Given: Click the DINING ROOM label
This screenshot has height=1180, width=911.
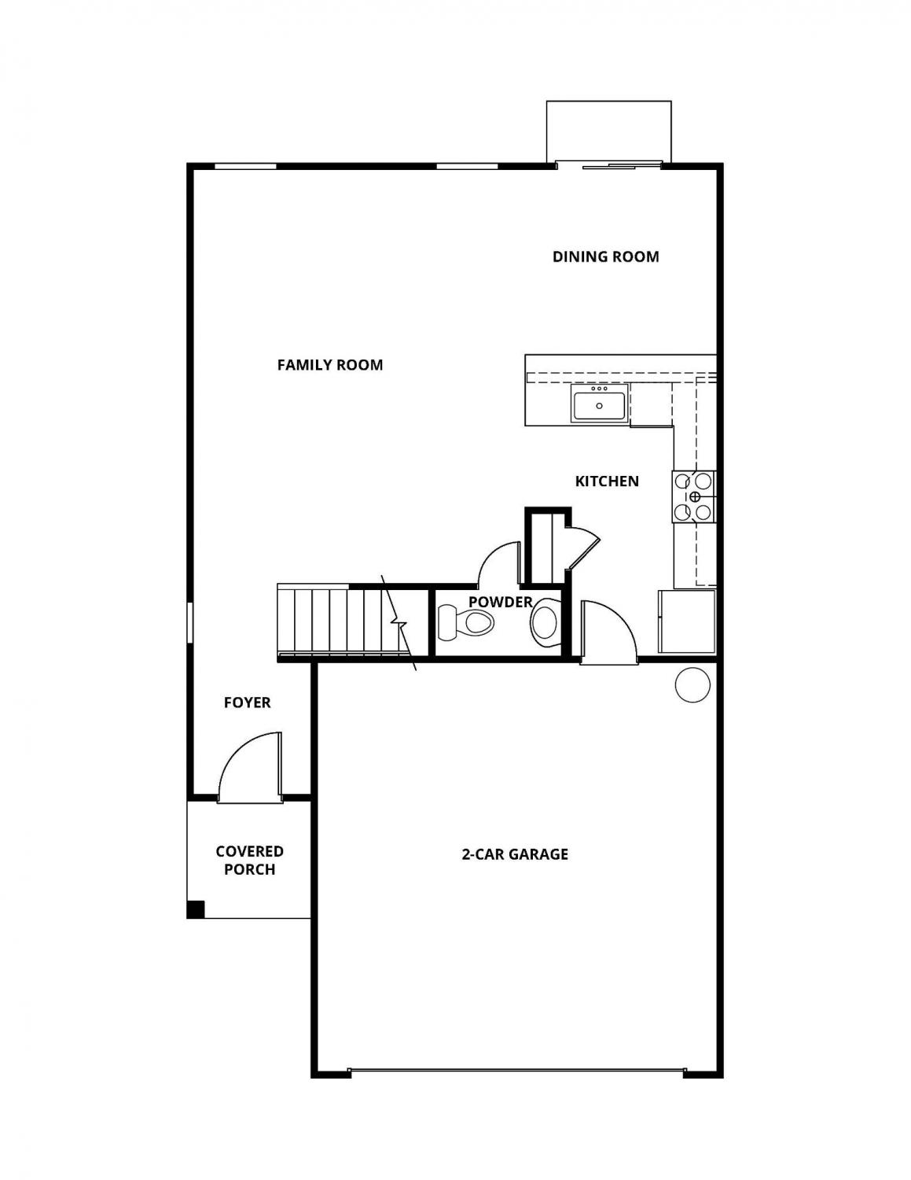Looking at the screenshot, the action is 605,256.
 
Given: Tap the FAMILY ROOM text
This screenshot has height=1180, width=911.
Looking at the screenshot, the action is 330,365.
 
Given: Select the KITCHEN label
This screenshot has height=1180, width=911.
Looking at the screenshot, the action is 607,481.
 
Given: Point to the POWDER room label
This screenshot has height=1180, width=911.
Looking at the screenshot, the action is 500,603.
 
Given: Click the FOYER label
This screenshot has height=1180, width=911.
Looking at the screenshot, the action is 248,702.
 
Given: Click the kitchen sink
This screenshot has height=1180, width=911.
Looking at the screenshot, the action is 599,403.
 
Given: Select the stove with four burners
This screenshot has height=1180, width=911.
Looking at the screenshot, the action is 694,496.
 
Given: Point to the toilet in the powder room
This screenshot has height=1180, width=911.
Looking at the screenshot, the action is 465,622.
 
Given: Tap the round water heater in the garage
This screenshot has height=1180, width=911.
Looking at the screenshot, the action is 692,685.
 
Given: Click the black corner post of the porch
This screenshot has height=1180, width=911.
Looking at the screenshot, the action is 196,909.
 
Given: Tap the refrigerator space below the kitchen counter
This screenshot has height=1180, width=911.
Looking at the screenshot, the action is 687,621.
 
